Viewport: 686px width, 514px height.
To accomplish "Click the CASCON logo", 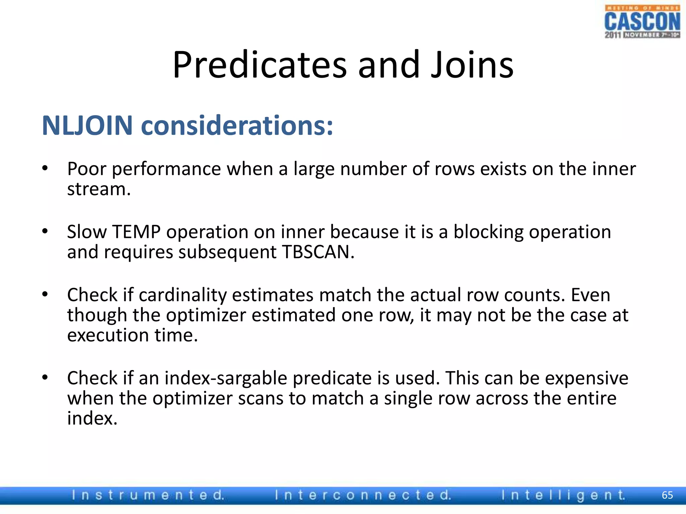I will tap(642, 22).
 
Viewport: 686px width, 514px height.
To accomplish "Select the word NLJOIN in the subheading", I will tap(87, 125).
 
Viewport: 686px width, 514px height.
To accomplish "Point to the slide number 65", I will tap(667, 495).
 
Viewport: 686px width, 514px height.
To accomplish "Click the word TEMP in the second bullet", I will tap(136, 232).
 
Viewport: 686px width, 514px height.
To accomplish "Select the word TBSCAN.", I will tap(318, 252).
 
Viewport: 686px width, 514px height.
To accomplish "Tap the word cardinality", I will tap(183, 295).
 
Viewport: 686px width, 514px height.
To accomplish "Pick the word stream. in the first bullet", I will tap(99, 189).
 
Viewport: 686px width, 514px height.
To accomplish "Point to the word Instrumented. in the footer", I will tap(148, 495).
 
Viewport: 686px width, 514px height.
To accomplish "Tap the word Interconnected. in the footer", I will tap(363, 495).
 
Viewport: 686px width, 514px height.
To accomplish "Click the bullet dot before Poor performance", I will tap(45, 168).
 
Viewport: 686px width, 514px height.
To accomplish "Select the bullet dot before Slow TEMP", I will tap(45, 232).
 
